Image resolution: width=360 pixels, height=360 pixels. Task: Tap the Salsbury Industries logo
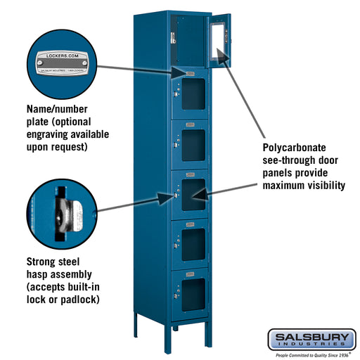pyautogui.click(x=311, y=340)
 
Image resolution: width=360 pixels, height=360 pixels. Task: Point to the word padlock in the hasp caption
pyautogui.click(x=78, y=299)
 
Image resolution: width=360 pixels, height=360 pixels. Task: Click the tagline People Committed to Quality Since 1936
pyautogui.click(x=311, y=355)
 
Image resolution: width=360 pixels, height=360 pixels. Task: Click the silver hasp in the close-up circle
pyautogui.click(x=68, y=210)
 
